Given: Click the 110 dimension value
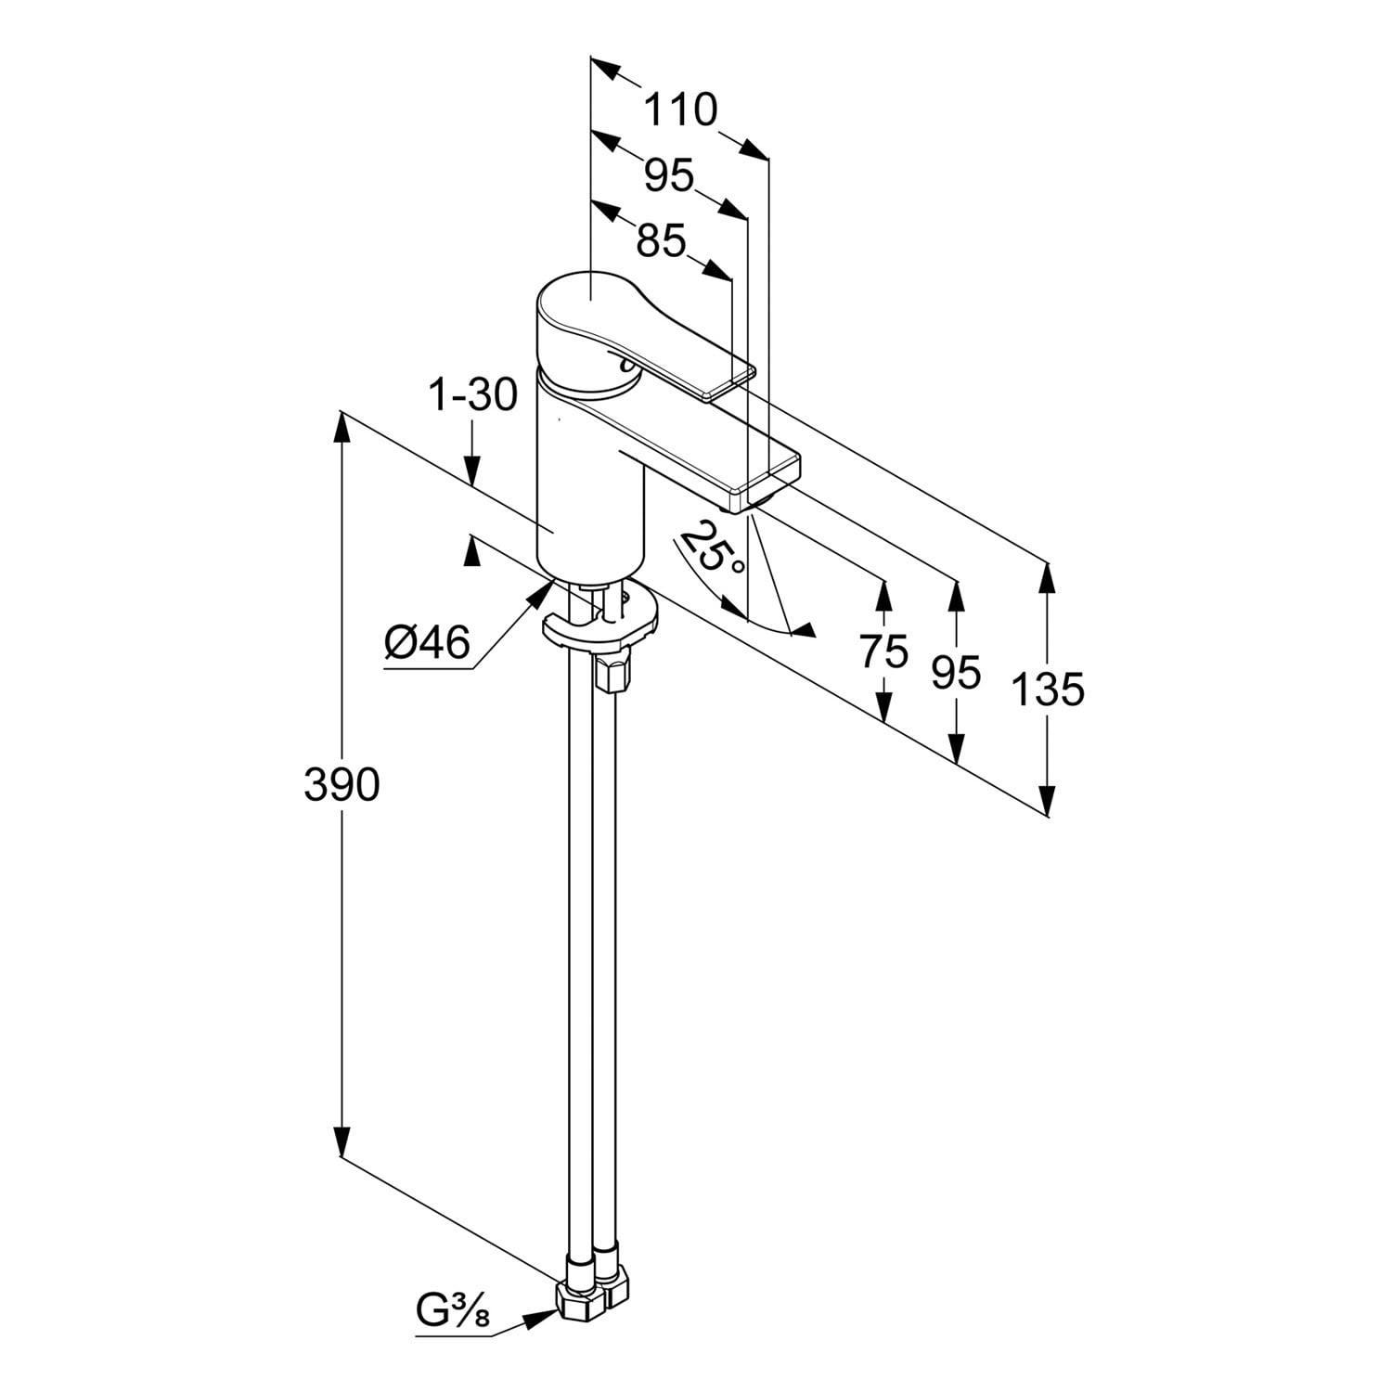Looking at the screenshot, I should tap(680, 110).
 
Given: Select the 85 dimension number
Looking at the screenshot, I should tap(661, 242).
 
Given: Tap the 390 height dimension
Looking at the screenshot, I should tap(342, 785).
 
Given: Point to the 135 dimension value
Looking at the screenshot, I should tap(1047, 690).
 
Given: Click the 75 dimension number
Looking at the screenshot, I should tap(883, 651).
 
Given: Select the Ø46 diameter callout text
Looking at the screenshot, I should tap(428, 642).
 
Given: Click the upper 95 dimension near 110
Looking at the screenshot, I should tap(670, 175).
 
